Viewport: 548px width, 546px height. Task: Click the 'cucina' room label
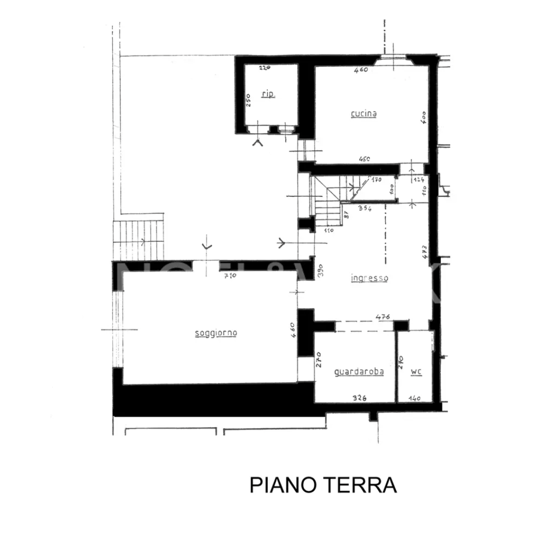coord(363,114)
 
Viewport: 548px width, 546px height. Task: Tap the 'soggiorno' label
coord(216,333)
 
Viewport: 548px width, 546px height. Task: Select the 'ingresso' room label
coord(369,278)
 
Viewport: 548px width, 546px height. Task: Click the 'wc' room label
coord(416,371)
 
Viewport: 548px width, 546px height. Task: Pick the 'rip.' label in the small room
coord(268,94)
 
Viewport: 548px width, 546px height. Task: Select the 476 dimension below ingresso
coord(382,316)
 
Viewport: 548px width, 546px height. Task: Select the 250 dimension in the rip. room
coord(248,99)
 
